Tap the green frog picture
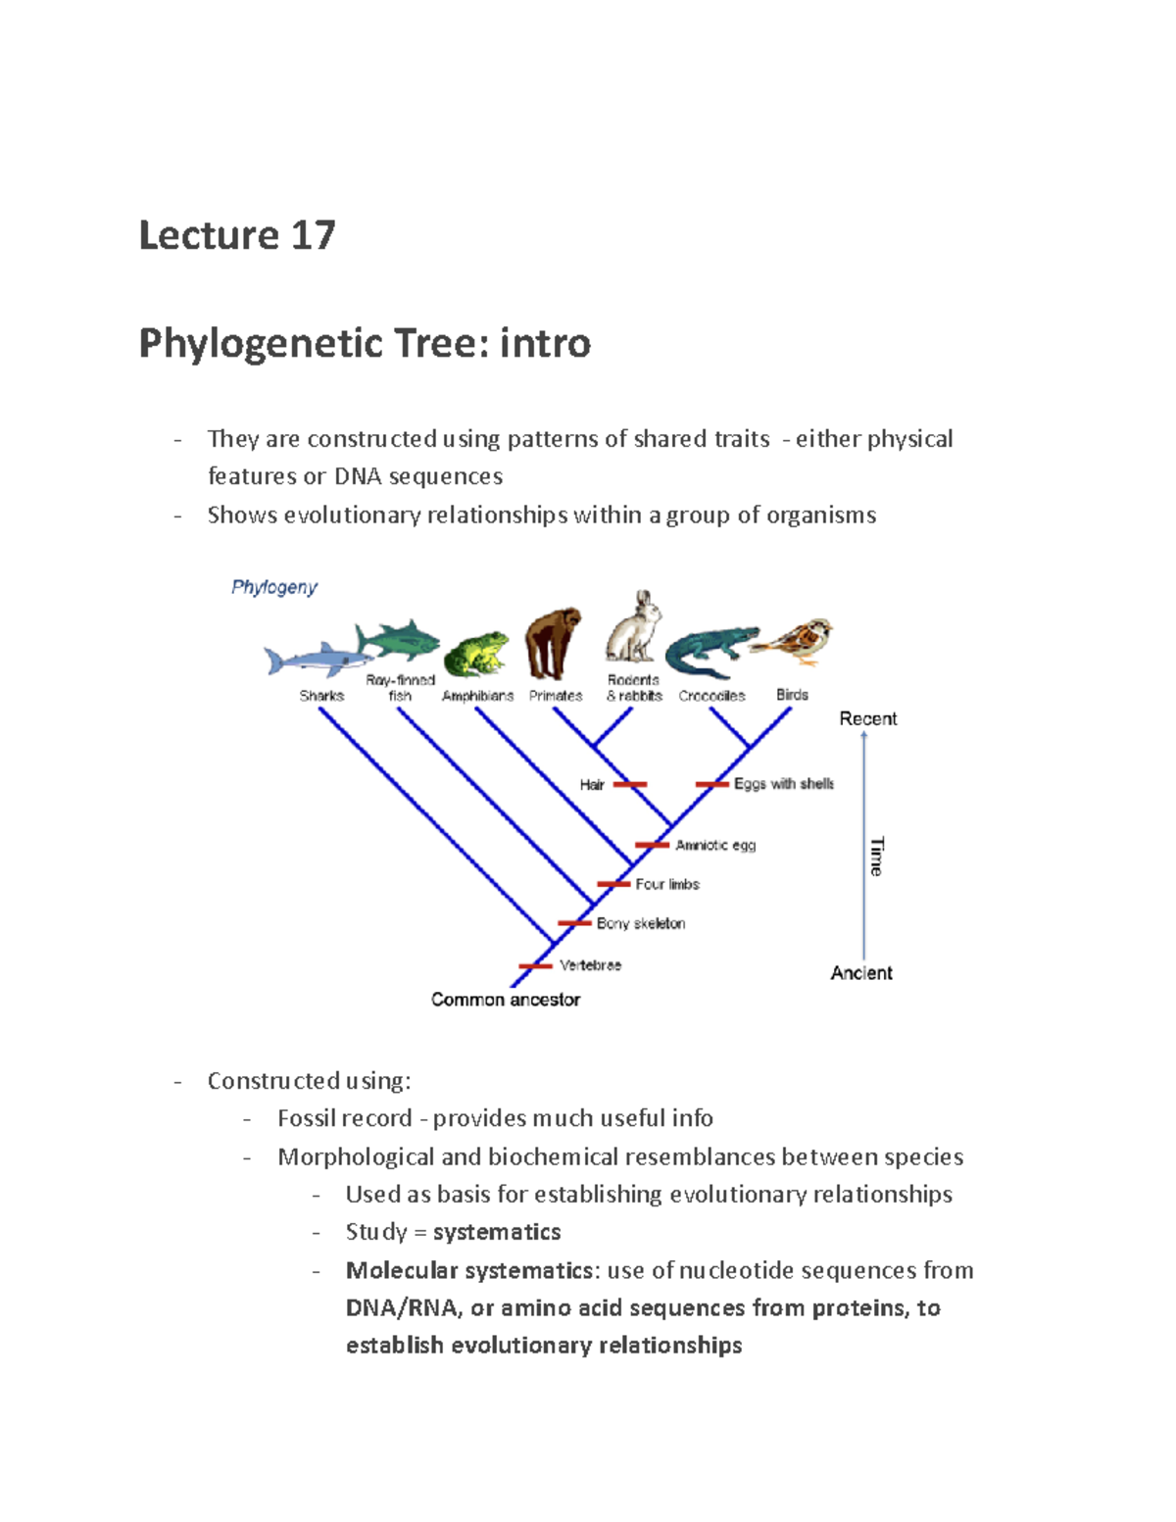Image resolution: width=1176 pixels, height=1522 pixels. [x=476, y=654]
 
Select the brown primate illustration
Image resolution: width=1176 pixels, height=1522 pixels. [x=553, y=643]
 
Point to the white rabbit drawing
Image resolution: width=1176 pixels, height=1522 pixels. [x=634, y=628]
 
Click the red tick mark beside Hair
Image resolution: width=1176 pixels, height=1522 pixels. [x=629, y=784]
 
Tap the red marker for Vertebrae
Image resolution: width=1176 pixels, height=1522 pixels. [x=535, y=966]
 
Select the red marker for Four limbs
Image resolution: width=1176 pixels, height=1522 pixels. [x=613, y=884]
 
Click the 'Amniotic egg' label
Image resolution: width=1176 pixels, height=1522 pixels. [x=715, y=845]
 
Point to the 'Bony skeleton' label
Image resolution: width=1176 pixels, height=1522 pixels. [x=641, y=923]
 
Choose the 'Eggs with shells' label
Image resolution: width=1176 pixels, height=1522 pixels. [x=784, y=784]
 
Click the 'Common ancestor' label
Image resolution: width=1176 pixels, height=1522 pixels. [x=506, y=1000]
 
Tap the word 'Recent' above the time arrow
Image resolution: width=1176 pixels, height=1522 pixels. [x=867, y=718]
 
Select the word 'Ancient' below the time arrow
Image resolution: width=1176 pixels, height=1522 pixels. [x=861, y=973]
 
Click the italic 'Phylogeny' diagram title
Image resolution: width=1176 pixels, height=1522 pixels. [x=274, y=587]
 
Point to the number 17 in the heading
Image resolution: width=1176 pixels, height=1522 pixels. [x=313, y=235]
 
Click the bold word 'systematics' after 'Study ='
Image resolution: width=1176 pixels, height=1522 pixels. [x=497, y=1232]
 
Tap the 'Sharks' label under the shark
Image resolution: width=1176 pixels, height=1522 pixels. [x=321, y=696]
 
